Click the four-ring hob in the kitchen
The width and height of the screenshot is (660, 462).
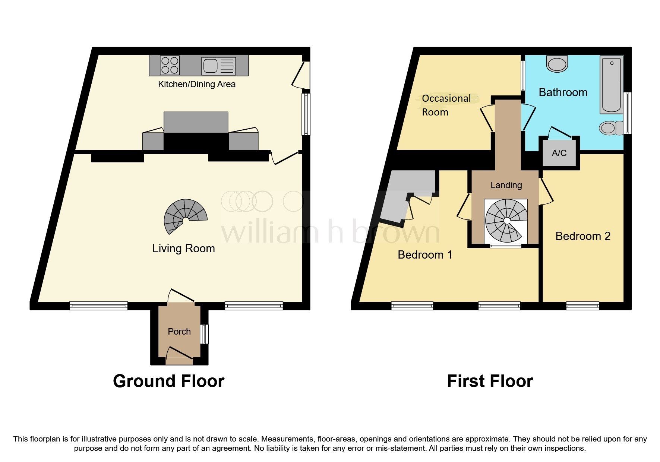[x=170, y=65]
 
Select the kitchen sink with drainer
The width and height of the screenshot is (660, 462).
[x=218, y=66]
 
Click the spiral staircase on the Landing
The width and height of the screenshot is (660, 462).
[x=506, y=221]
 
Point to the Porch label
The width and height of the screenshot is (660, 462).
[x=179, y=331]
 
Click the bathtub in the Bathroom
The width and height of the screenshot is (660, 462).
[x=611, y=85]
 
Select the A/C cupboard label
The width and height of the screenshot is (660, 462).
[x=559, y=153]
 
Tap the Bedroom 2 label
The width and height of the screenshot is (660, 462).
[x=582, y=236]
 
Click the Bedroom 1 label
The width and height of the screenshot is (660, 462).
[x=425, y=254]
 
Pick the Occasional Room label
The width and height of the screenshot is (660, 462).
[x=446, y=105]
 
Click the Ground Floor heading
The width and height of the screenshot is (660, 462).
[x=168, y=381]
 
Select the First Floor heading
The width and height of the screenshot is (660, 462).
[x=490, y=381]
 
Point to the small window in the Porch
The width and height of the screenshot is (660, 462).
[x=204, y=334]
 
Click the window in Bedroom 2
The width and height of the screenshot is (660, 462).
[x=582, y=306]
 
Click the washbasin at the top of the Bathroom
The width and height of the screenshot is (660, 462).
[x=557, y=64]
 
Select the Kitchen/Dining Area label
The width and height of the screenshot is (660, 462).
[x=197, y=84]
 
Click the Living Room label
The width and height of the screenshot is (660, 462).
[x=183, y=249]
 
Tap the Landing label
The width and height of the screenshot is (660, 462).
[x=506, y=185]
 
